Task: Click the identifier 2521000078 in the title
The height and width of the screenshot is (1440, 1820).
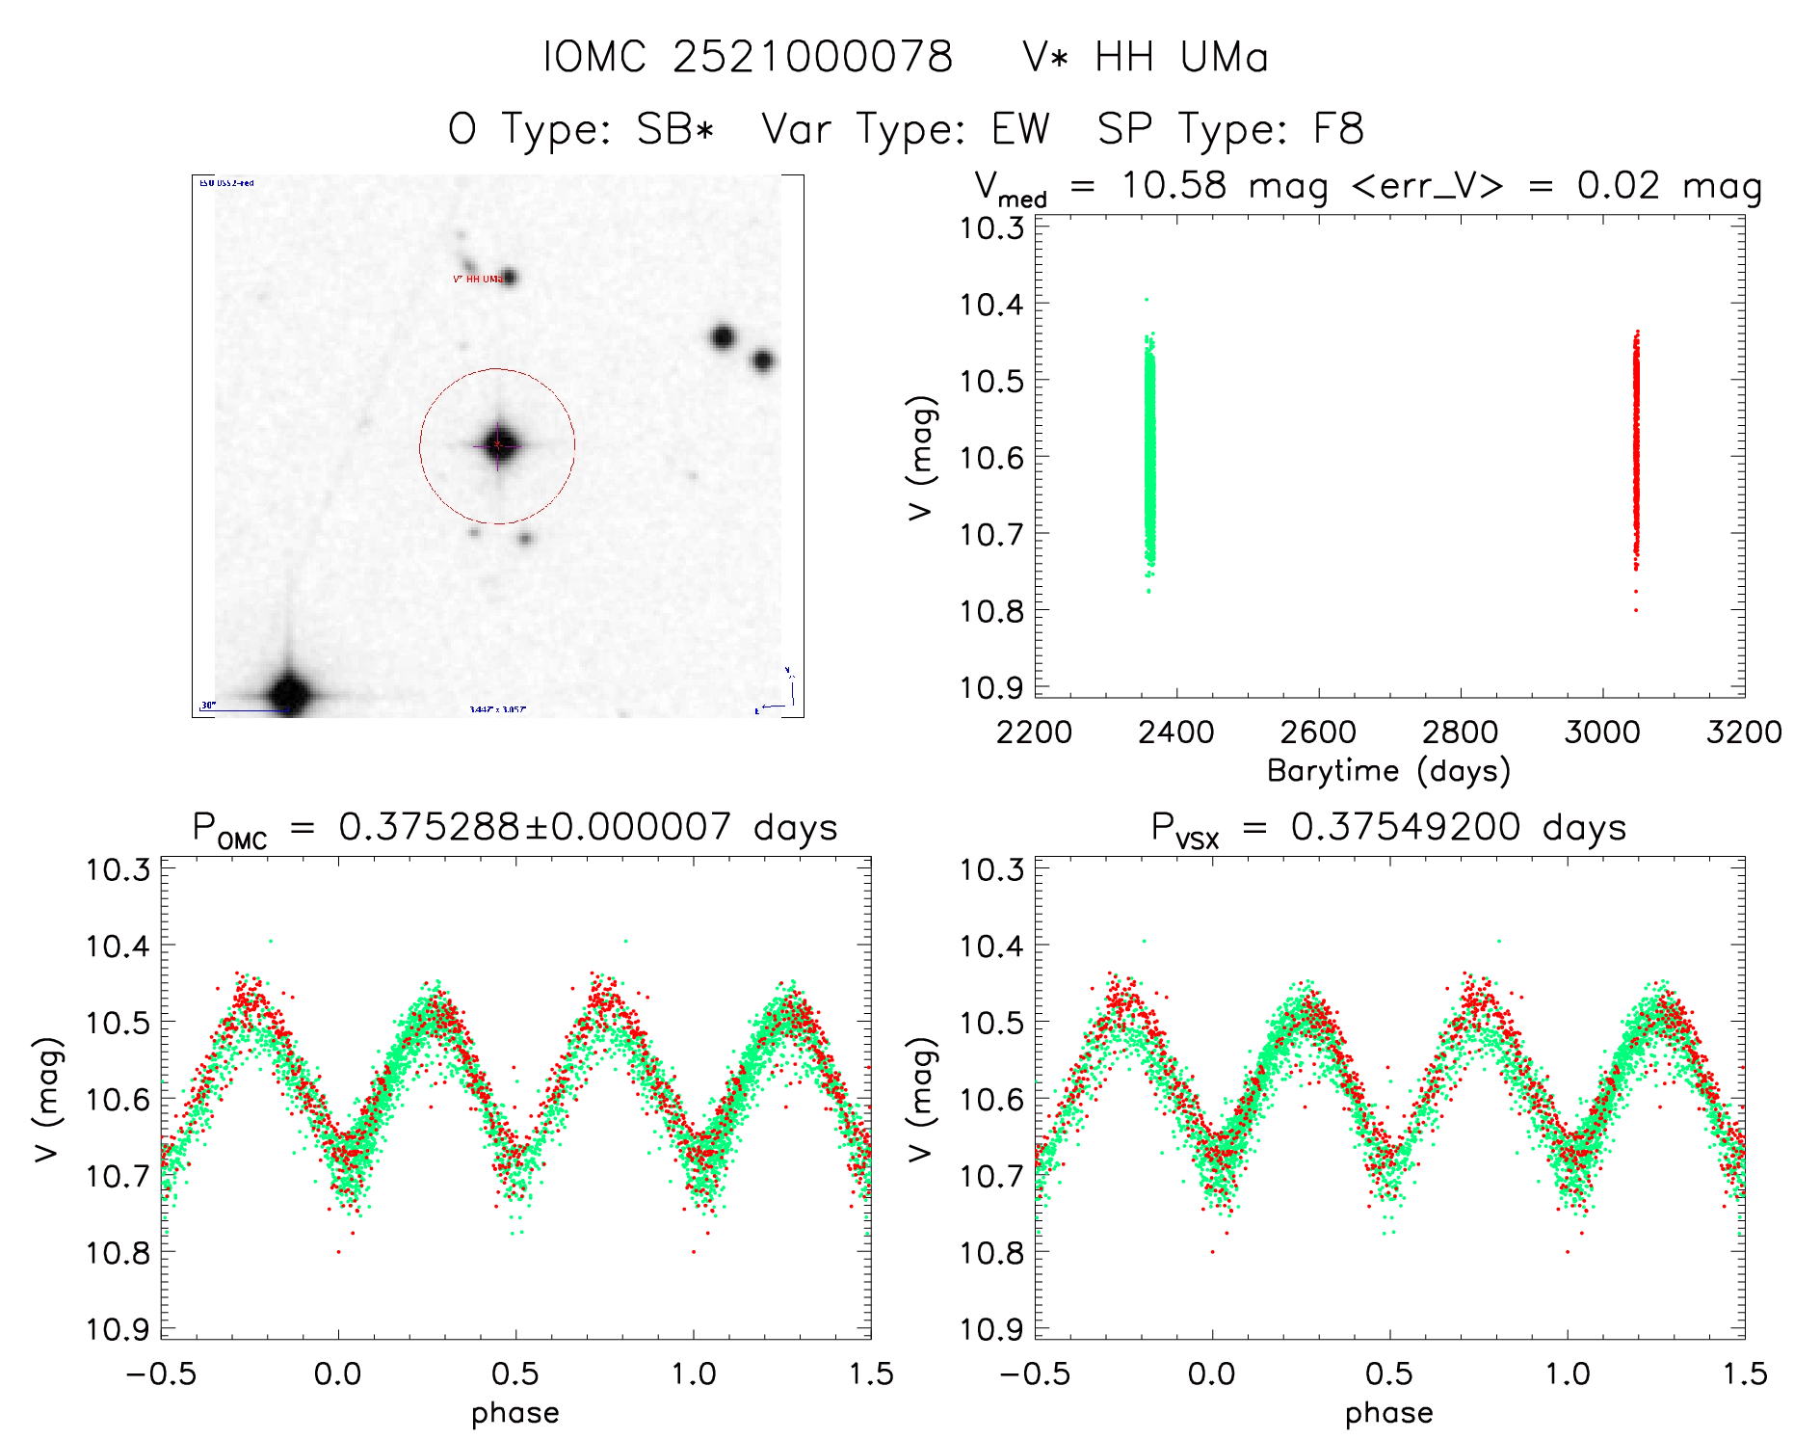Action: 811,57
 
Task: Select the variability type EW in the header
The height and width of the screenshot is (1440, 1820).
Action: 1020,129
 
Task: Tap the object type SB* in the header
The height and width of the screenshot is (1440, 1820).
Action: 675,129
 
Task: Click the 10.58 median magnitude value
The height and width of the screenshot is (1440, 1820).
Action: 1174,185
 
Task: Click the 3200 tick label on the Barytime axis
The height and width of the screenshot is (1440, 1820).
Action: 1744,733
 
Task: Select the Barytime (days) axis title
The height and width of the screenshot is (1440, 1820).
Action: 1388,771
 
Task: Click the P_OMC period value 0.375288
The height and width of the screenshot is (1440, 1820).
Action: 428,828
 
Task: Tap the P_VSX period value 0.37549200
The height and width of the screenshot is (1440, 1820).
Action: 1406,828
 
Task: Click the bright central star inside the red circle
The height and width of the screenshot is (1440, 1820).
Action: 497,444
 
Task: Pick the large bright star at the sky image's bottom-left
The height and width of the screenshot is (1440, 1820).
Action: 289,692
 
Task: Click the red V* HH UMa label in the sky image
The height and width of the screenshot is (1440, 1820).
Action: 478,280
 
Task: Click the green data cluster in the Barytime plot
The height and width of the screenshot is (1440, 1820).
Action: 1148,453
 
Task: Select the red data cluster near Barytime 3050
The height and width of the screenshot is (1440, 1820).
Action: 1635,443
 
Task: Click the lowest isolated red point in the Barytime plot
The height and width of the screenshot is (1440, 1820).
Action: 1635,610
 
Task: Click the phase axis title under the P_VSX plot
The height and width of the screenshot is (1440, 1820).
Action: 1388,1413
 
